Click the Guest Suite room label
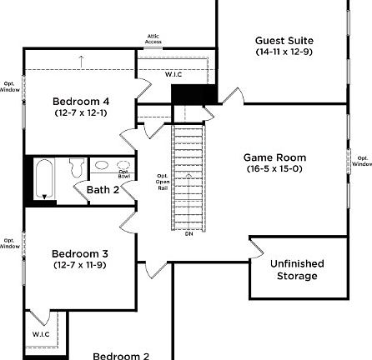point(284,40)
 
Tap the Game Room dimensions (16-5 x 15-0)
point(274,169)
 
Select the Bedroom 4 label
point(81,102)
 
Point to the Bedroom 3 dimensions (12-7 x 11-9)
point(80,265)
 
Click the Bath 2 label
point(103,190)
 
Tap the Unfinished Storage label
point(297,269)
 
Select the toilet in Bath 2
point(75,168)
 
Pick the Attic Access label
point(153,38)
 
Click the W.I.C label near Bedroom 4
point(173,75)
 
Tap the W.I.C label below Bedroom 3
point(42,334)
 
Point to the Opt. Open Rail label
point(163,182)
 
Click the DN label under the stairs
point(189,233)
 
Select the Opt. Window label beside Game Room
point(362,161)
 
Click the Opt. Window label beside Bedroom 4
point(9,87)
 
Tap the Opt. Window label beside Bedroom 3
point(9,243)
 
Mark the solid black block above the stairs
point(183,94)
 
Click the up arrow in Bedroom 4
point(81,60)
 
